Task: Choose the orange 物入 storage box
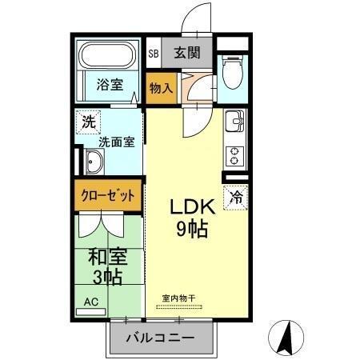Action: pyautogui.click(x=160, y=86)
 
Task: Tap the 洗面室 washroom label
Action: pyautogui.click(x=117, y=142)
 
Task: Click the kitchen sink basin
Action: pyautogui.click(x=234, y=123)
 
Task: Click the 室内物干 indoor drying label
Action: pyautogui.click(x=182, y=298)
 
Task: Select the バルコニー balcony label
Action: pyautogui.click(x=160, y=338)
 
